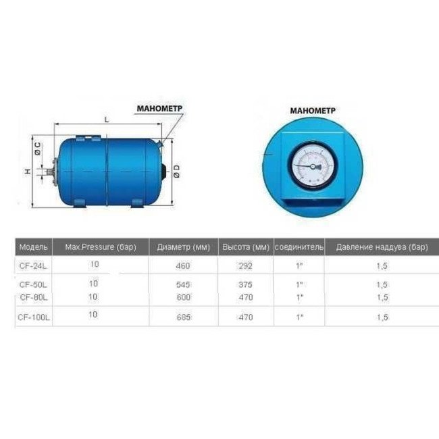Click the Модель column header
[33, 247]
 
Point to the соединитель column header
[299, 247]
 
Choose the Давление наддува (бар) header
[382, 247]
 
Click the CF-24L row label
[33, 266]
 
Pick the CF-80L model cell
[33, 296]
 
